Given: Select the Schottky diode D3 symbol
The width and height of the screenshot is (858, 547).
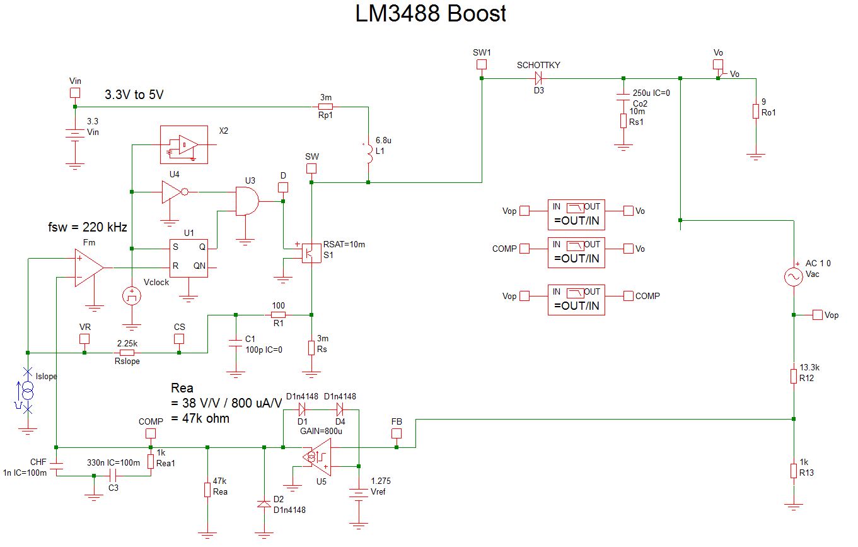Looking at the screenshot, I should tap(538, 78).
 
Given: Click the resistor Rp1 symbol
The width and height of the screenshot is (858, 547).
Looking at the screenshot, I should tap(325, 107).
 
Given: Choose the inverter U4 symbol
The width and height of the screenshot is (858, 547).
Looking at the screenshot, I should tap(172, 192).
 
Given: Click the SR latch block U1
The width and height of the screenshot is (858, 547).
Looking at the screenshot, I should tap(188, 257).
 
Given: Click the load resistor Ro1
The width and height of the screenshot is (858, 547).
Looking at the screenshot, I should tap(755, 112).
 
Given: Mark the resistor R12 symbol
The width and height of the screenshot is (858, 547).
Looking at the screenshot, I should tap(794, 377).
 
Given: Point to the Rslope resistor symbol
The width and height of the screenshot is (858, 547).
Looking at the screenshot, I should tap(127, 353).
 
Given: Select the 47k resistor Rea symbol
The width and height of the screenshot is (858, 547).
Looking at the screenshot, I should tap(207, 490).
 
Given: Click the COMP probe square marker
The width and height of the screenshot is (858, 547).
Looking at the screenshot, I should tap(150, 433).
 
